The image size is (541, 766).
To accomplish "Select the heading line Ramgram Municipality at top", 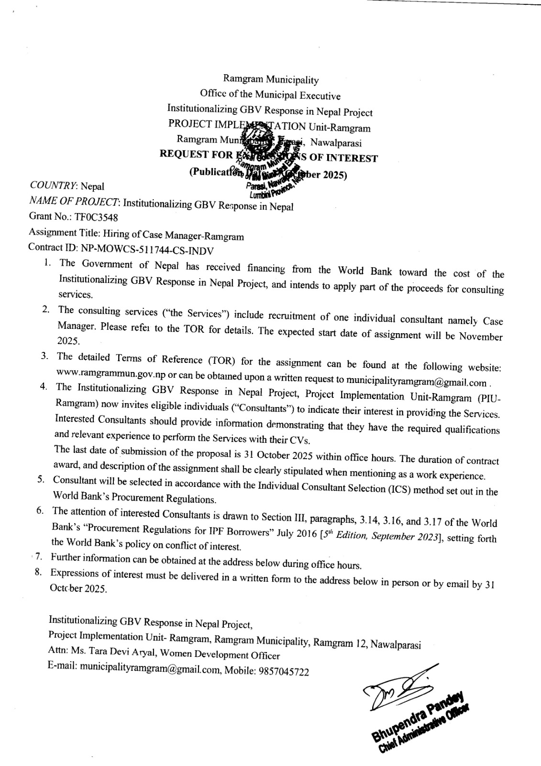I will tap(271, 80).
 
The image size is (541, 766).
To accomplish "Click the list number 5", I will tap(41, 480).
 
